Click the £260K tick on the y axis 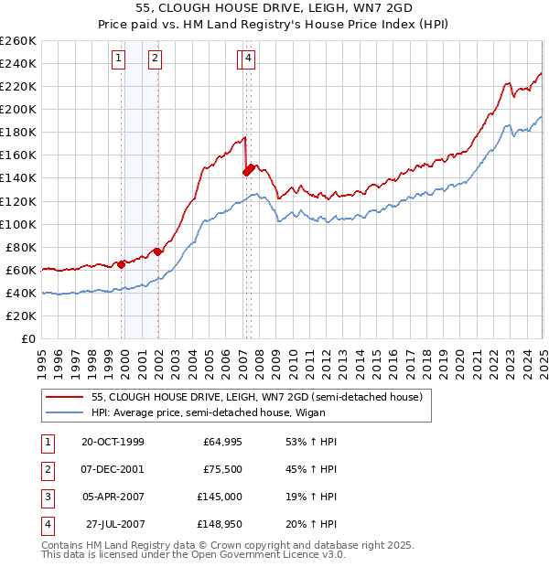tap(18, 41)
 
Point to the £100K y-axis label tap(18, 224)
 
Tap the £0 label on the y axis tap(27, 338)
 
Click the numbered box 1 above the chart tap(119, 59)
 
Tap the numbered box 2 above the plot tap(156, 59)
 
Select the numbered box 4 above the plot tap(249, 59)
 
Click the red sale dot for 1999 tap(122, 264)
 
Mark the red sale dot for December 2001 tap(157, 251)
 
